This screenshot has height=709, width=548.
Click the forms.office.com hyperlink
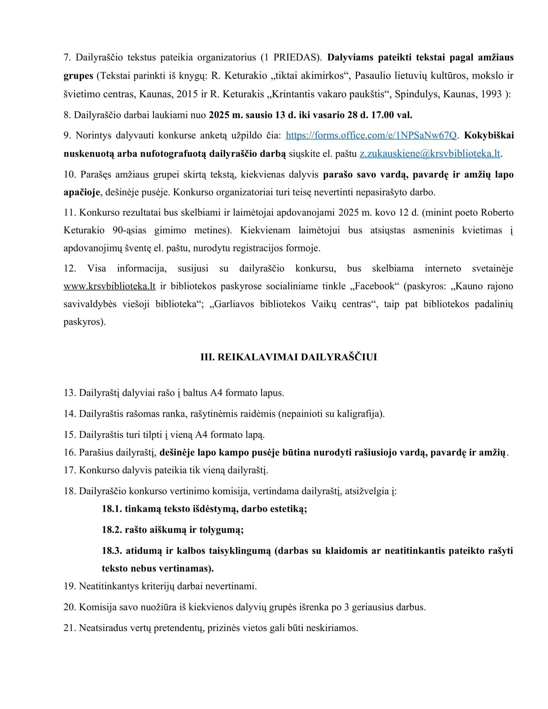tap(371, 135)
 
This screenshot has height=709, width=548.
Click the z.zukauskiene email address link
tap(430, 153)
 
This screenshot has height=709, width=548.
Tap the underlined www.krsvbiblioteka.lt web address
tap(109, 286)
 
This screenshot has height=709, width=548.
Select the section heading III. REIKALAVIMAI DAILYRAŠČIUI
tap(289, 357)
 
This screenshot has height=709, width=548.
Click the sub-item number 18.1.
tap(112, 509)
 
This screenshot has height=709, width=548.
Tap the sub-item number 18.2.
tap(112, 530)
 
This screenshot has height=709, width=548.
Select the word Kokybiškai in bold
tap(489, 135)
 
